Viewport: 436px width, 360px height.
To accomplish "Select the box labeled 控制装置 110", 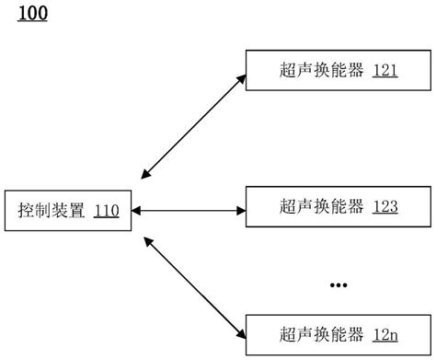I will (68, 211).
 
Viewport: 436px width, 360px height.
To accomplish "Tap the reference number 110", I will (106, 211).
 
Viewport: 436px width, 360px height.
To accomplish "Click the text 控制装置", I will (52, 211).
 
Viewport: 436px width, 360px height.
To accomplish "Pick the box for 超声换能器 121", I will (338, 69).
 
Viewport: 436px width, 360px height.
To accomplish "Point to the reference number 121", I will (385, 70).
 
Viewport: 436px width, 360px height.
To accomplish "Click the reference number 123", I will (385, 206).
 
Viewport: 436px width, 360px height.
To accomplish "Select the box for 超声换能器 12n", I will (338, 332).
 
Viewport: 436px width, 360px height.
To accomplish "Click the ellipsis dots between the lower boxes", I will (338, 285).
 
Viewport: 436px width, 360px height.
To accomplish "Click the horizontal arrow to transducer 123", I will (189, 211).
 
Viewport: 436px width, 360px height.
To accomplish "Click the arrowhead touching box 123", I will (241, 211).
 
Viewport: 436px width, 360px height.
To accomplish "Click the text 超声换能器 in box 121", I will (319, 70).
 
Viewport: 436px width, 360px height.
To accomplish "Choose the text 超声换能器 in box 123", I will (319, 206).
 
